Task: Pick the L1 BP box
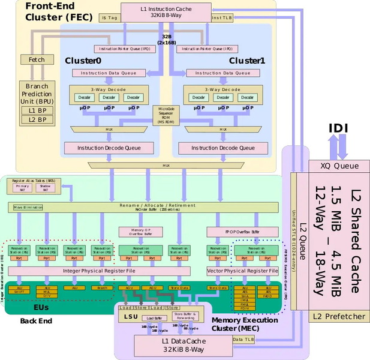pyautogui.click(x=37, y=110)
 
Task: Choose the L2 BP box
pyautogui.click(x=37, y=119)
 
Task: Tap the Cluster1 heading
pyautogui.click(x=247, y=61)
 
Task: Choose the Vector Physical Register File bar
pyautogui.click(x=242, y=271)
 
